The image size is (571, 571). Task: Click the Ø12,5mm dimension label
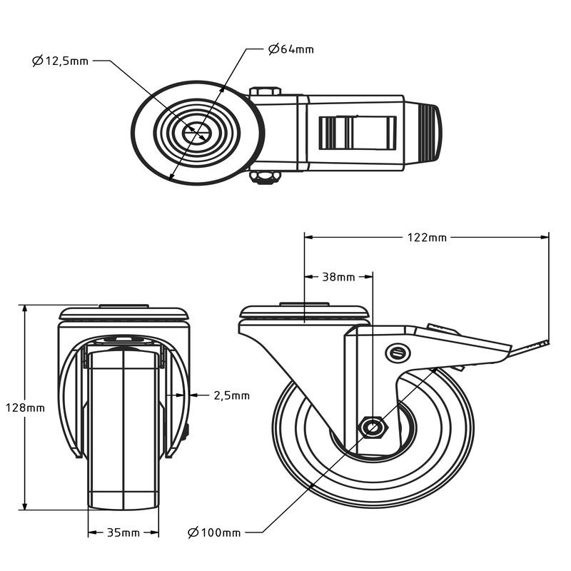[61, 61]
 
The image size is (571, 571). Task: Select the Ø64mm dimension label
[291, 49]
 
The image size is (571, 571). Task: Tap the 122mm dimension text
[427, 238]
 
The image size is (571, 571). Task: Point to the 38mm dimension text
[338, 277]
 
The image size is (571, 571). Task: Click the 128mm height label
[25, 408]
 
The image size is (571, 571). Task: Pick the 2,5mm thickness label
[231, 395]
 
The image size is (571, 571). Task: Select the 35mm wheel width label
[123, 532]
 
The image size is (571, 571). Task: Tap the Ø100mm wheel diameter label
[214, 532]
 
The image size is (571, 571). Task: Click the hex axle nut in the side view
[373, 427]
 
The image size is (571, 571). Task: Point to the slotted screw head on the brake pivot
[398, 353]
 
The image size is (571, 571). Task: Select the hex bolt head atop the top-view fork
[265, 91]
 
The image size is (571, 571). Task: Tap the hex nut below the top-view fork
[265, 178]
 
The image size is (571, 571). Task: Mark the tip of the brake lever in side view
[548, 342]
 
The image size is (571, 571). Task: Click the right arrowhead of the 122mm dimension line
[545, 238]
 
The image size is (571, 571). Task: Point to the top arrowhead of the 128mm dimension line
[25, 310]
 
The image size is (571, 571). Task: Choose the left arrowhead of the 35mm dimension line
[93, 532]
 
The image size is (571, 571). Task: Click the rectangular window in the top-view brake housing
[358, 133]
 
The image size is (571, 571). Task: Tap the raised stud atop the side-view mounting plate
[305, 304]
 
